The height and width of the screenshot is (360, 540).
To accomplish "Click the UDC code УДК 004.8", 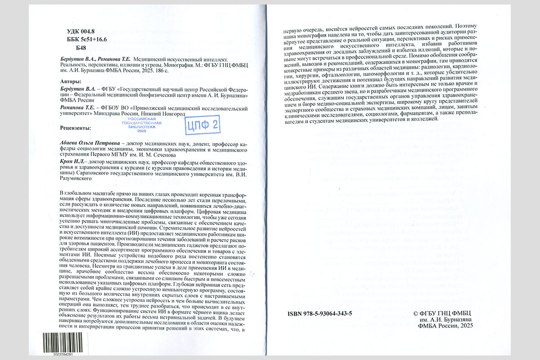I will pos(78,31).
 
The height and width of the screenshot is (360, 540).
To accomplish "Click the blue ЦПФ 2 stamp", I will pos(203,126).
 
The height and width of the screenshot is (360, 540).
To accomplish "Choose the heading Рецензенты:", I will pos(76,128).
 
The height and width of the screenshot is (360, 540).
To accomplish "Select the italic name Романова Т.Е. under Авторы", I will pos(77,108).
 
